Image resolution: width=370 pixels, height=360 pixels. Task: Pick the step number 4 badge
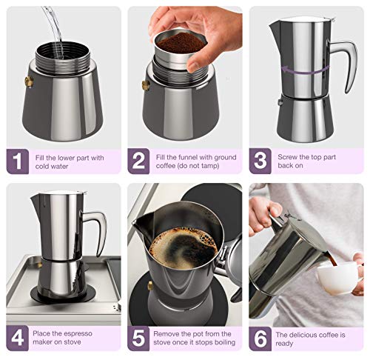[18, 339]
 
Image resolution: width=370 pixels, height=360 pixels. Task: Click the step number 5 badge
[139, 339]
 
